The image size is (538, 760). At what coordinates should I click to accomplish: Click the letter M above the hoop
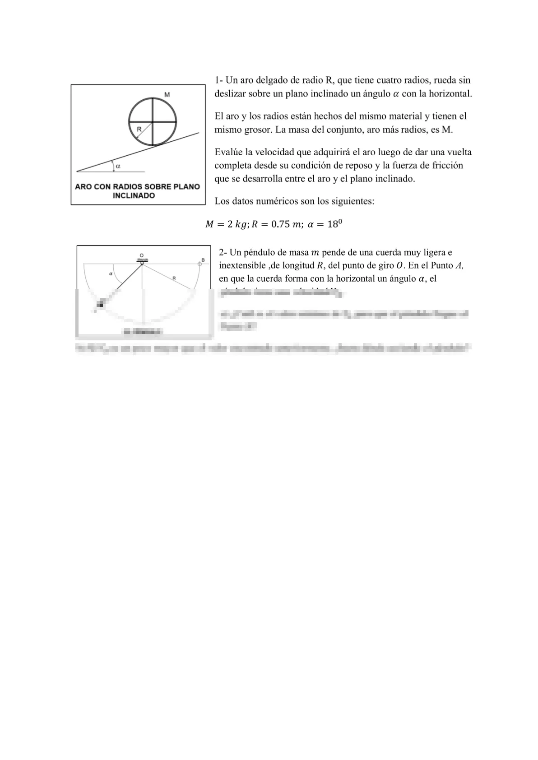(167, 95)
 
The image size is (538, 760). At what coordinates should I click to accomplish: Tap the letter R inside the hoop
(139, 129)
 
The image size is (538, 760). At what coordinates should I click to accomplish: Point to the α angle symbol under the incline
(118, 166)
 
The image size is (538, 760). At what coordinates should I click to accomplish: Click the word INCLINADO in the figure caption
(134, 196)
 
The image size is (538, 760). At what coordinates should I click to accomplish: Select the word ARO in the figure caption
(83, 187)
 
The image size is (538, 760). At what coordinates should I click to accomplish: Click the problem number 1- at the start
(219, 80)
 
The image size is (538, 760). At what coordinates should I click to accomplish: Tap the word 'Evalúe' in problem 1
(229, 152)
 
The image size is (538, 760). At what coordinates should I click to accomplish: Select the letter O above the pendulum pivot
(142, 254)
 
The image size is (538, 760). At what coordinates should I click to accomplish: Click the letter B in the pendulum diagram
(203, 260)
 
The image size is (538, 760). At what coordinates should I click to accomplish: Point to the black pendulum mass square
(100, 305)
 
